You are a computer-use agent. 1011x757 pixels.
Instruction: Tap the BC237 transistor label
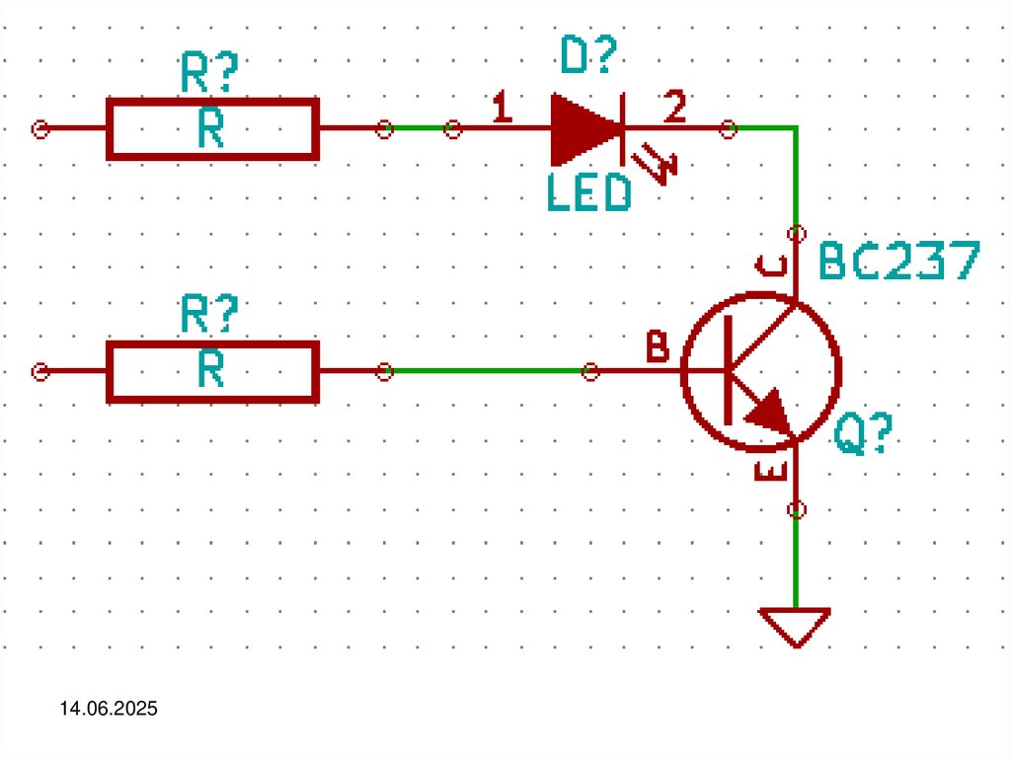(899, 262)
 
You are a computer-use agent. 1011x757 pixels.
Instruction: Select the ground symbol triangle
(795, 625)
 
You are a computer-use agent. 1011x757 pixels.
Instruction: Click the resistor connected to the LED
(212, 128)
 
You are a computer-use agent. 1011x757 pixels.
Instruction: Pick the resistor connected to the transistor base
(212, 371)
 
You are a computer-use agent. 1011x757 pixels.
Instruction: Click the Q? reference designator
(863, 434)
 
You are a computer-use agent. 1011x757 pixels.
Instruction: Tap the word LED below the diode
(589, 193)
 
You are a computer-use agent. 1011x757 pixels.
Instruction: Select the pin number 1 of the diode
(502, 109)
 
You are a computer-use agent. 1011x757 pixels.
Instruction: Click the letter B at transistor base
(657, 347)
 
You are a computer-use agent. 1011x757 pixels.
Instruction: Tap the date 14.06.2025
(108, 709)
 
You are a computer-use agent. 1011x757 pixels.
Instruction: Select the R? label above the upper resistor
(210, 73)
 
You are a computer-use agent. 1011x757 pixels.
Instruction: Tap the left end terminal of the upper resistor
(40, 129)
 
